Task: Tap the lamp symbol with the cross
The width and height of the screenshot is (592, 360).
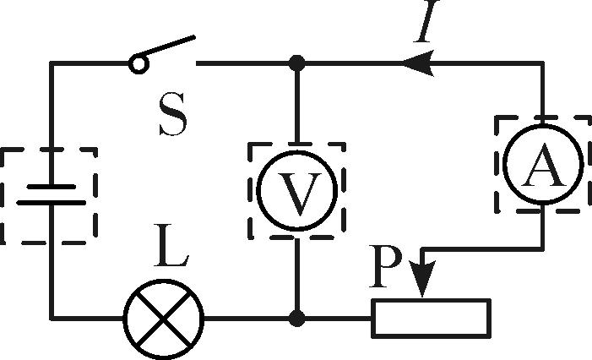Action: [x=165, y=319]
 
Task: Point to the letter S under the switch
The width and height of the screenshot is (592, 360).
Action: [x=172, y=117]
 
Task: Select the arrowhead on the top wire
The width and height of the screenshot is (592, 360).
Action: [x=415, y=63]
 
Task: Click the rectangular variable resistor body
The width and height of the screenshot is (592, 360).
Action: [x=431, y=318]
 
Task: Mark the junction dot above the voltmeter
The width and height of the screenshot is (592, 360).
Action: [x=296, y=63]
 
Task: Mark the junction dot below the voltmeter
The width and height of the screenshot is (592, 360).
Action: [x=296, y=319]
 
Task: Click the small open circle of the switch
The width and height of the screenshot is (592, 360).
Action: [x=138, y=63]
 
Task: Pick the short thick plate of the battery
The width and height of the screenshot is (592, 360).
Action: [x=50, y=203]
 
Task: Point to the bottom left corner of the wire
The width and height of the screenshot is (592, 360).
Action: [x=52, y=319]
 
